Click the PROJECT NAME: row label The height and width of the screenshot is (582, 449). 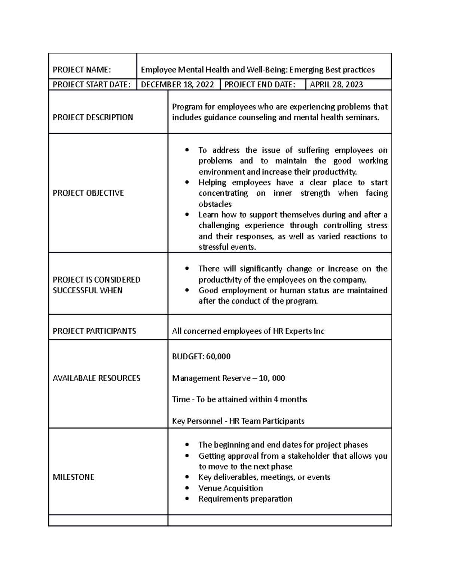pyautogui.click(x=82, y=70)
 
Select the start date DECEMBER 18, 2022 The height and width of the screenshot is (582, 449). pyautogui.click(x=177, y=85)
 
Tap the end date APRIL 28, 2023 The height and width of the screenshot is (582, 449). pyautogui.click(x=336, y=85)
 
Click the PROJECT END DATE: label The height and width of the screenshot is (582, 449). pyautogui.click(x=259, y=85)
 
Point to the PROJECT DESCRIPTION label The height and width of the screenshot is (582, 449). pyautogui.click(x=93, y=117)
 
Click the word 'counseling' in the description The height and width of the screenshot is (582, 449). pyautogui.click(x=256, y=118)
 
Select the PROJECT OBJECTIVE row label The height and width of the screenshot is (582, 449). pyautogui.click(x=88, y=193)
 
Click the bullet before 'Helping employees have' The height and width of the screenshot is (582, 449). pyautogui.click(x=187, y=183)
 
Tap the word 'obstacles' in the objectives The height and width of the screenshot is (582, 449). pyautogui.click(x=215, y=204)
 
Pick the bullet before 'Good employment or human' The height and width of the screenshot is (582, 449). pyautogui.click(x=187, y=290)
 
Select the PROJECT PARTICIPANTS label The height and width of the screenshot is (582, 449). pyautogui.click(x=94, y=331)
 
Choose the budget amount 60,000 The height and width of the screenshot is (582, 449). pyautogui.click(x=218, y=356)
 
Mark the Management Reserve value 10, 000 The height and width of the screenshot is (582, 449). pyautogui.click(x=272, y=378)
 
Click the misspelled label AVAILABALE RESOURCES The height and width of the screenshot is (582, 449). pyautogui.click(x=97, y=378)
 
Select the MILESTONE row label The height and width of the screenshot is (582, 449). pyautogui.click(x=73, y=477)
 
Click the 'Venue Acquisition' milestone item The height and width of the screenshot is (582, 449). pyautogui.click(x=230, y=488)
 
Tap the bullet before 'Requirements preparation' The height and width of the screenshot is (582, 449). pyautogui.click(x=187, y=499)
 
